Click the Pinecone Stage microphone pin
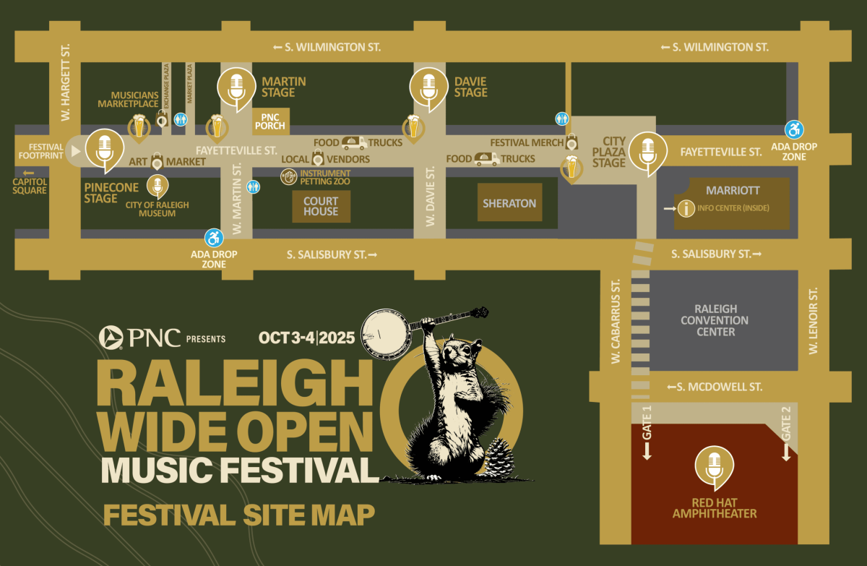coord(105,150)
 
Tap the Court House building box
coord(321,207)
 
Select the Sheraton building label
coord(509,203)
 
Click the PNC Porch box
coord(269,121)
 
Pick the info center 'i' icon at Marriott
coord(685,209)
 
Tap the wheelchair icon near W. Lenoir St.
coord(794,129)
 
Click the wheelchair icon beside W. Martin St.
coord(214,237)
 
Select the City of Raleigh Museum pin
coord(156,186)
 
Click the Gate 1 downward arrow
coord(647,451)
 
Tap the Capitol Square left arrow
coord(30,173)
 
